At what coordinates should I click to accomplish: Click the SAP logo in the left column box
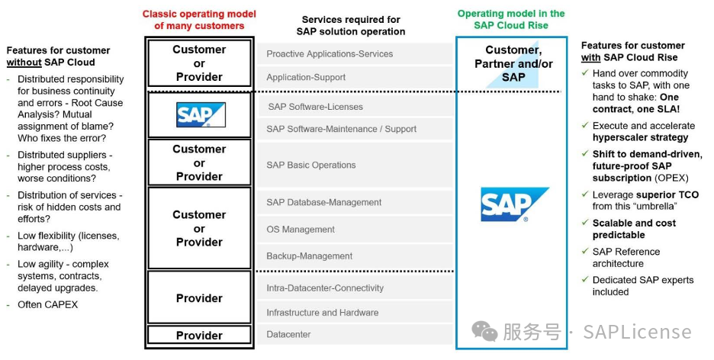pos(200,115)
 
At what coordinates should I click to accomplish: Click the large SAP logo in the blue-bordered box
pos(512,204)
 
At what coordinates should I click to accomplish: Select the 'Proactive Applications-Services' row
pos(330,54)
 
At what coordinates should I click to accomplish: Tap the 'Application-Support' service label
pos(306,78)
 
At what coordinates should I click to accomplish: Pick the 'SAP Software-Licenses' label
pos(315,107)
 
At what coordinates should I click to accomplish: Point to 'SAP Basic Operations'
pos(311,165)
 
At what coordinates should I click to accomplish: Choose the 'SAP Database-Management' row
pos(323,202)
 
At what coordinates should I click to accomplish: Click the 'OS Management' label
pos(301,230)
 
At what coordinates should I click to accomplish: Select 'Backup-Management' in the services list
pos(309,256)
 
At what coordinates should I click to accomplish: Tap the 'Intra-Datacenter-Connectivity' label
pos(325,288)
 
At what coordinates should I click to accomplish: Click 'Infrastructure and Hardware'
pos(322,313)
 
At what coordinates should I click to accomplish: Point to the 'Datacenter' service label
pos(289,335)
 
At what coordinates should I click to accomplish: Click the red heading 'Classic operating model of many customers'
pos(199,20)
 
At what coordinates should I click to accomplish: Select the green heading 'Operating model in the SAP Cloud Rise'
pos(511,19)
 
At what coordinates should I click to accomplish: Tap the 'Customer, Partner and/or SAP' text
pos(513,63)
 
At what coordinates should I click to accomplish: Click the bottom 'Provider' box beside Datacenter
pos(199,335)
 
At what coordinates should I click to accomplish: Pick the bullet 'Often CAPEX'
pos(47,305)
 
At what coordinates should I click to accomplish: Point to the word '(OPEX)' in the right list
pos(671,178)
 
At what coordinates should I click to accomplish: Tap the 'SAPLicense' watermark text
pos(637,333)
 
